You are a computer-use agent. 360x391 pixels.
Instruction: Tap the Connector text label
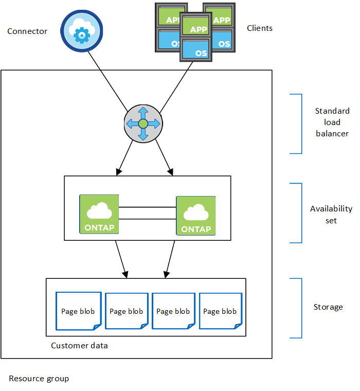click(27, 31)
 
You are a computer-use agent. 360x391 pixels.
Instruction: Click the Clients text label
click(260, 28)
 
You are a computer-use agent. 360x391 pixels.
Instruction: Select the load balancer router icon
click(143, 125)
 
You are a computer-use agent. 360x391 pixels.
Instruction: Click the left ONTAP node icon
click(99, 214)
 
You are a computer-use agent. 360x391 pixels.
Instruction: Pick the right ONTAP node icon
click(195, 216)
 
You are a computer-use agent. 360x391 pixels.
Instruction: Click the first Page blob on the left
click(78, 311)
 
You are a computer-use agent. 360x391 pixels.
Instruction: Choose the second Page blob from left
click(126, 311)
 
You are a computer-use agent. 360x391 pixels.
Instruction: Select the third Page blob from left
click(173, 311)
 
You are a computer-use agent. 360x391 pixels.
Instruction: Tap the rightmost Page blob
click(220, 311)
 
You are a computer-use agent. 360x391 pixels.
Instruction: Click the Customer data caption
click(79, 346)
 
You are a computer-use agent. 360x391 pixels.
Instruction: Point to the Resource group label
click(39, 379)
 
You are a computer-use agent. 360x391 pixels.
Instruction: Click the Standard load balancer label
click(332, 122)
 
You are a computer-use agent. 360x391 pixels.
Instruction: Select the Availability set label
click(331, 215)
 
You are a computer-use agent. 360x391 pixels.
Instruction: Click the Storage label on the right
click(328, 307)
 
